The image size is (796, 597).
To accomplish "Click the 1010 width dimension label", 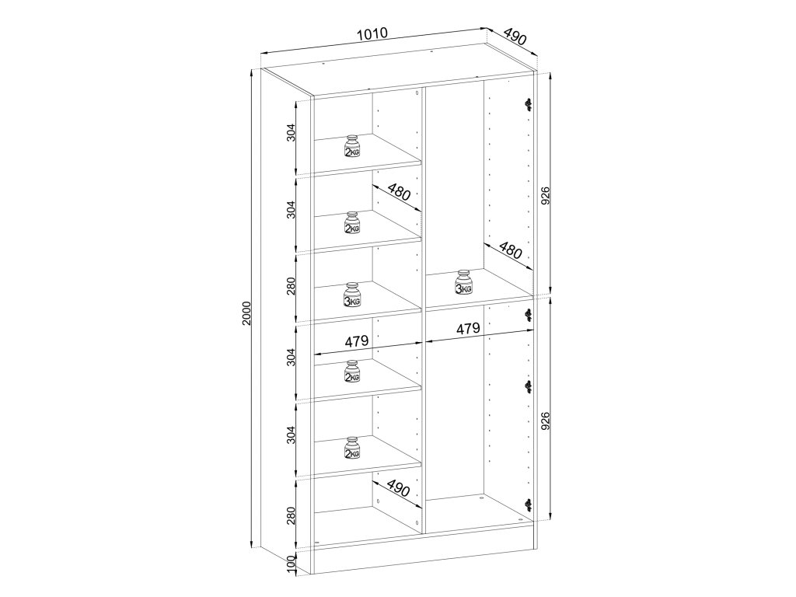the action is [372, 34].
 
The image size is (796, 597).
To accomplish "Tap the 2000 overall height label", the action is [246, 314].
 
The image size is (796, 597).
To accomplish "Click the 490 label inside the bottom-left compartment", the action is [398, 487].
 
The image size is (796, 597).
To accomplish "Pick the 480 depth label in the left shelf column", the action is [399, 193].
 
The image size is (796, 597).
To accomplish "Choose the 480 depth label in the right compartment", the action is [511, 250].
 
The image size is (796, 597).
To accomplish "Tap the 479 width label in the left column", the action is [356, 341].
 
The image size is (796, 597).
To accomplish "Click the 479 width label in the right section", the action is [467, 329].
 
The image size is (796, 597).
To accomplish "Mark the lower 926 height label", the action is [545, 421].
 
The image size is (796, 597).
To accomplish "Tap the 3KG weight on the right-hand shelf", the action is [463, 282].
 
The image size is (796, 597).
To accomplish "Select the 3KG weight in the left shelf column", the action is [352, 295].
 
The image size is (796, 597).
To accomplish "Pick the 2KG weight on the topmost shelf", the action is [352, 147].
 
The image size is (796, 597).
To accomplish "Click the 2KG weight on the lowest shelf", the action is [352, 448].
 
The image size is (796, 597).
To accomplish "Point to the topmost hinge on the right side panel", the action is [529, 105].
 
